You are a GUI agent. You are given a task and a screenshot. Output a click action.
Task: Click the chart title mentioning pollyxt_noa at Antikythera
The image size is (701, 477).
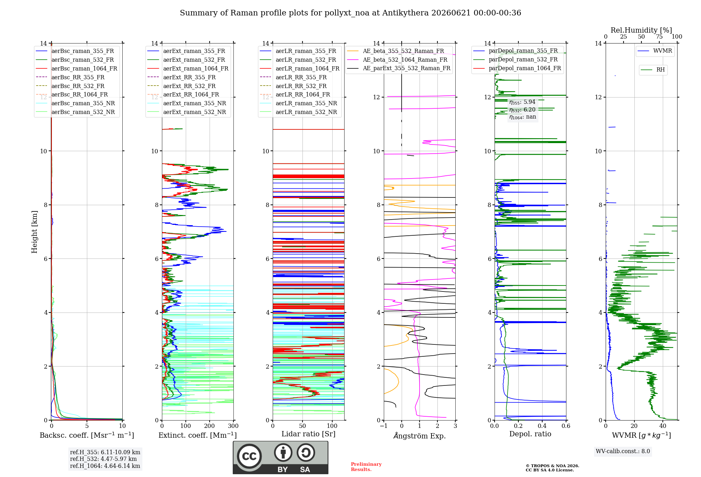point(350,13)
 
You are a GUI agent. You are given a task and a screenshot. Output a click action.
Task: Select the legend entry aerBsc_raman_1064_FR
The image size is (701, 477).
point(76,68)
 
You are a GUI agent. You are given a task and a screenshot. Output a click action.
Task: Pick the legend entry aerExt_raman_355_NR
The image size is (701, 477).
point(186,103)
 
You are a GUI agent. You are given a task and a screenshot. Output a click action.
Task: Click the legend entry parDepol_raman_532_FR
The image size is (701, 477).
point(515,60)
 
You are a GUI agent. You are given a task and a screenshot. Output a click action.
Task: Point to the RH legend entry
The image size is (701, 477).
point(653,70)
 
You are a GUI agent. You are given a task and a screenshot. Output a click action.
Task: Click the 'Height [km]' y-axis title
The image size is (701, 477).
point(34,232)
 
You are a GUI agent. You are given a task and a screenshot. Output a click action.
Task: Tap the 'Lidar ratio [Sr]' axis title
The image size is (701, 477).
point(308,434)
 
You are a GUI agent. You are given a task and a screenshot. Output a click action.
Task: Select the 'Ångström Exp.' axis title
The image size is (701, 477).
point(420,436)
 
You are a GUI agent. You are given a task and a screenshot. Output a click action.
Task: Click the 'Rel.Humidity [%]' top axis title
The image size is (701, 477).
point(641,30)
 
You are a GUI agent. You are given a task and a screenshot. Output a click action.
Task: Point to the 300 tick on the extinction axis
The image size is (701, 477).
point(233,426)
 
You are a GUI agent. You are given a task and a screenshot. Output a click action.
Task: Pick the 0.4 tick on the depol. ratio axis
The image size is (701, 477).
point(542,426)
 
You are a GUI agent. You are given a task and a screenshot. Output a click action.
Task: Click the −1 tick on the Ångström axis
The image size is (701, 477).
point(383,426)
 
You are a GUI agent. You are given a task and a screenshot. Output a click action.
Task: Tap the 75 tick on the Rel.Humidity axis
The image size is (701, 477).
point(659,37)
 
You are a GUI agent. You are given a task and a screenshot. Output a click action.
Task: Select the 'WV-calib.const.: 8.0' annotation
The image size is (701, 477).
point(623,451)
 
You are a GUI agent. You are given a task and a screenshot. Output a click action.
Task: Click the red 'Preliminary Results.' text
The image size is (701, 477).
point(366,467)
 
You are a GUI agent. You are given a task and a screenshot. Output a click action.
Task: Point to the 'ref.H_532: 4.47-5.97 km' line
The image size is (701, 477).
point(103,459)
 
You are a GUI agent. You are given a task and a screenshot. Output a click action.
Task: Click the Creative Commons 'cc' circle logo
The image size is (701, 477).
point(249,456)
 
